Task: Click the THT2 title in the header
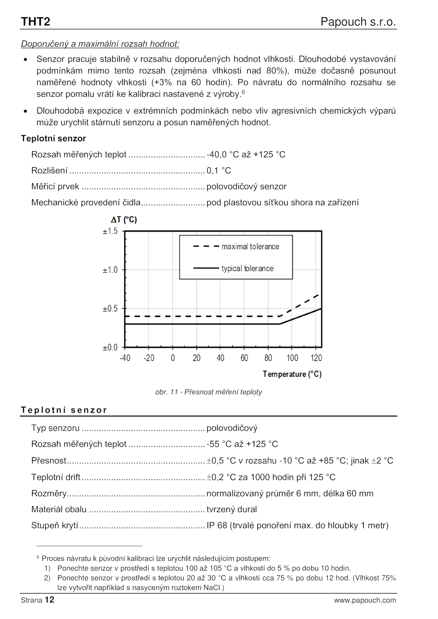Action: click(35, 22)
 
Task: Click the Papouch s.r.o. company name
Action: click(358, 22)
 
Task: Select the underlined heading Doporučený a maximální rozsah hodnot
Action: click(100, 44)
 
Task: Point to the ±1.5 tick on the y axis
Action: click(110, 231)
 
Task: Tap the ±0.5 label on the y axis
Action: click(110, 308)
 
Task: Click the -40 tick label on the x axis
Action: click(125, 358)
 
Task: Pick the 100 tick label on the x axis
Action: click(292, 358)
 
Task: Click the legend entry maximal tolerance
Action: click(250, 247)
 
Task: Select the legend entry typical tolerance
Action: click(247, 268)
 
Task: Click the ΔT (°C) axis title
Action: click(124, 219)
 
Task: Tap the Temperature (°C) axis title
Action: click(292, 374)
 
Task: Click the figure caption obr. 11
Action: click(208, 392)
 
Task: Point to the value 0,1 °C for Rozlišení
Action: click(218, 170)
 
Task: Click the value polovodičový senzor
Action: click(246, 186)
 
